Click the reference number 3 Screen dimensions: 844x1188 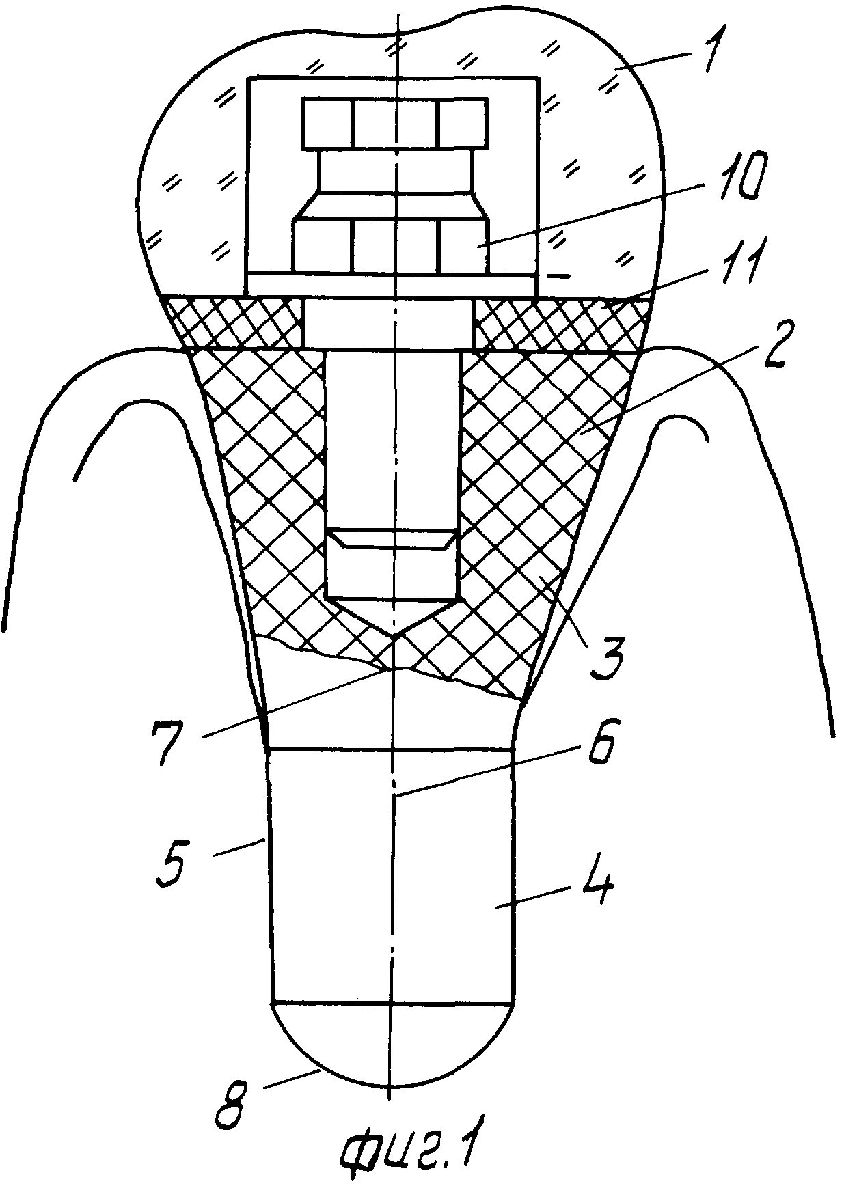click(x=608, y=650)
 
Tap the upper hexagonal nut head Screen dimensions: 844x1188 click(x=394, y=123)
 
